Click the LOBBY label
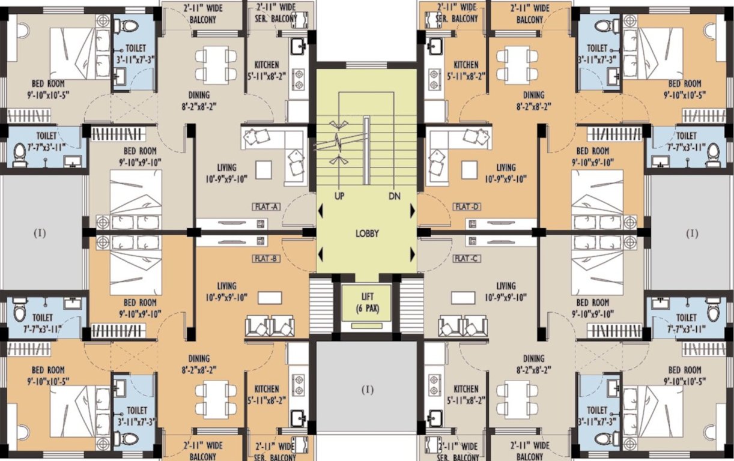pyautogui.click(x=367, y=234)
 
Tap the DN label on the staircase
pyautogui.click(x=394, y=196)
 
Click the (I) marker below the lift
pyautogui.click(x=367, y=390)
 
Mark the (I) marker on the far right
pyautogui.click(x=692, y=232)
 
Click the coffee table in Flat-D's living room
pyautogui.click(x=469, y=170)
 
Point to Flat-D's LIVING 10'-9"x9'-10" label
pyautogui.click(x=506, y=173)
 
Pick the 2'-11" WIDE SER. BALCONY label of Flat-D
pyautogui.click(x=458, y=13)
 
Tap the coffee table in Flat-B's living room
pyautogui.click(x=268, y=298)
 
